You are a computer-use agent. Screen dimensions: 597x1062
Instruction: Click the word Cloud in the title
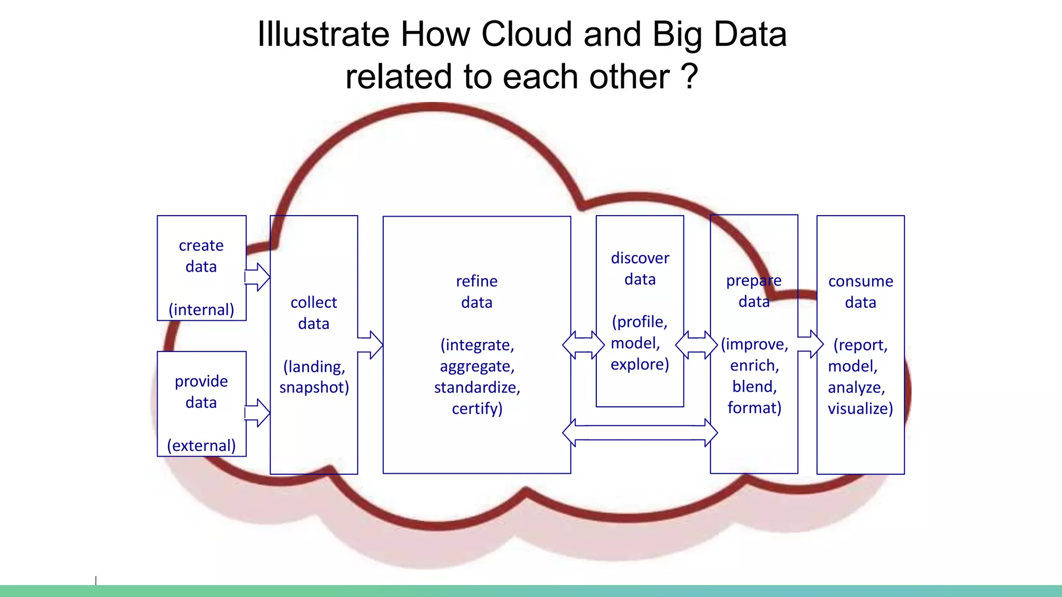(527, 34)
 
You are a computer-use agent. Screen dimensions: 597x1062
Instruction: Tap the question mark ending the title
(689, 77)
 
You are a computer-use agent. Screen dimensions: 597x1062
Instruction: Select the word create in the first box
(201, 245)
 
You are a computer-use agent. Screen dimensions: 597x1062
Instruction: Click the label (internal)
(201, 309)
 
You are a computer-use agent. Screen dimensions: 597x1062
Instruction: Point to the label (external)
(201, 445)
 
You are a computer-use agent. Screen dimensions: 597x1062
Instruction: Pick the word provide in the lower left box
(201, 381)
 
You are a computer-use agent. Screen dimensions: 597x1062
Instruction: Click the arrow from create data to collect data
(257, 277)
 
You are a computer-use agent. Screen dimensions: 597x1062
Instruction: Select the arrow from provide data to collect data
(257, 413)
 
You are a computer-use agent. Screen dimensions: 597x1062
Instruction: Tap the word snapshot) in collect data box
(314, 387)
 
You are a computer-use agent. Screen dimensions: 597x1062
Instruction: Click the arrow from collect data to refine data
(370, 345)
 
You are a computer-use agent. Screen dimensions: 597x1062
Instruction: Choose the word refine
(477, 281)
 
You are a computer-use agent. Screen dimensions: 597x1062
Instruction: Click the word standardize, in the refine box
(477, 387)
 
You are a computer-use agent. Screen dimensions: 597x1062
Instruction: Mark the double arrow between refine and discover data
(583, 345)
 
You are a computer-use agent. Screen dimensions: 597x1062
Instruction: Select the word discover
(640, 258)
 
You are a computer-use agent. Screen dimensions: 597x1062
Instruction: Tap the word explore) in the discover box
(640, 364)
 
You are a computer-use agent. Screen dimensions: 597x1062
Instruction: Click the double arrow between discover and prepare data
(696, 345)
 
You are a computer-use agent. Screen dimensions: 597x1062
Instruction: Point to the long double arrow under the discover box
(640, 432)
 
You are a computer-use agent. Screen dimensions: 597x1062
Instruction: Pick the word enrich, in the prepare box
(754, 365)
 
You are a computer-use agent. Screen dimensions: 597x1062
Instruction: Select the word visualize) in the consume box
(860, 408)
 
